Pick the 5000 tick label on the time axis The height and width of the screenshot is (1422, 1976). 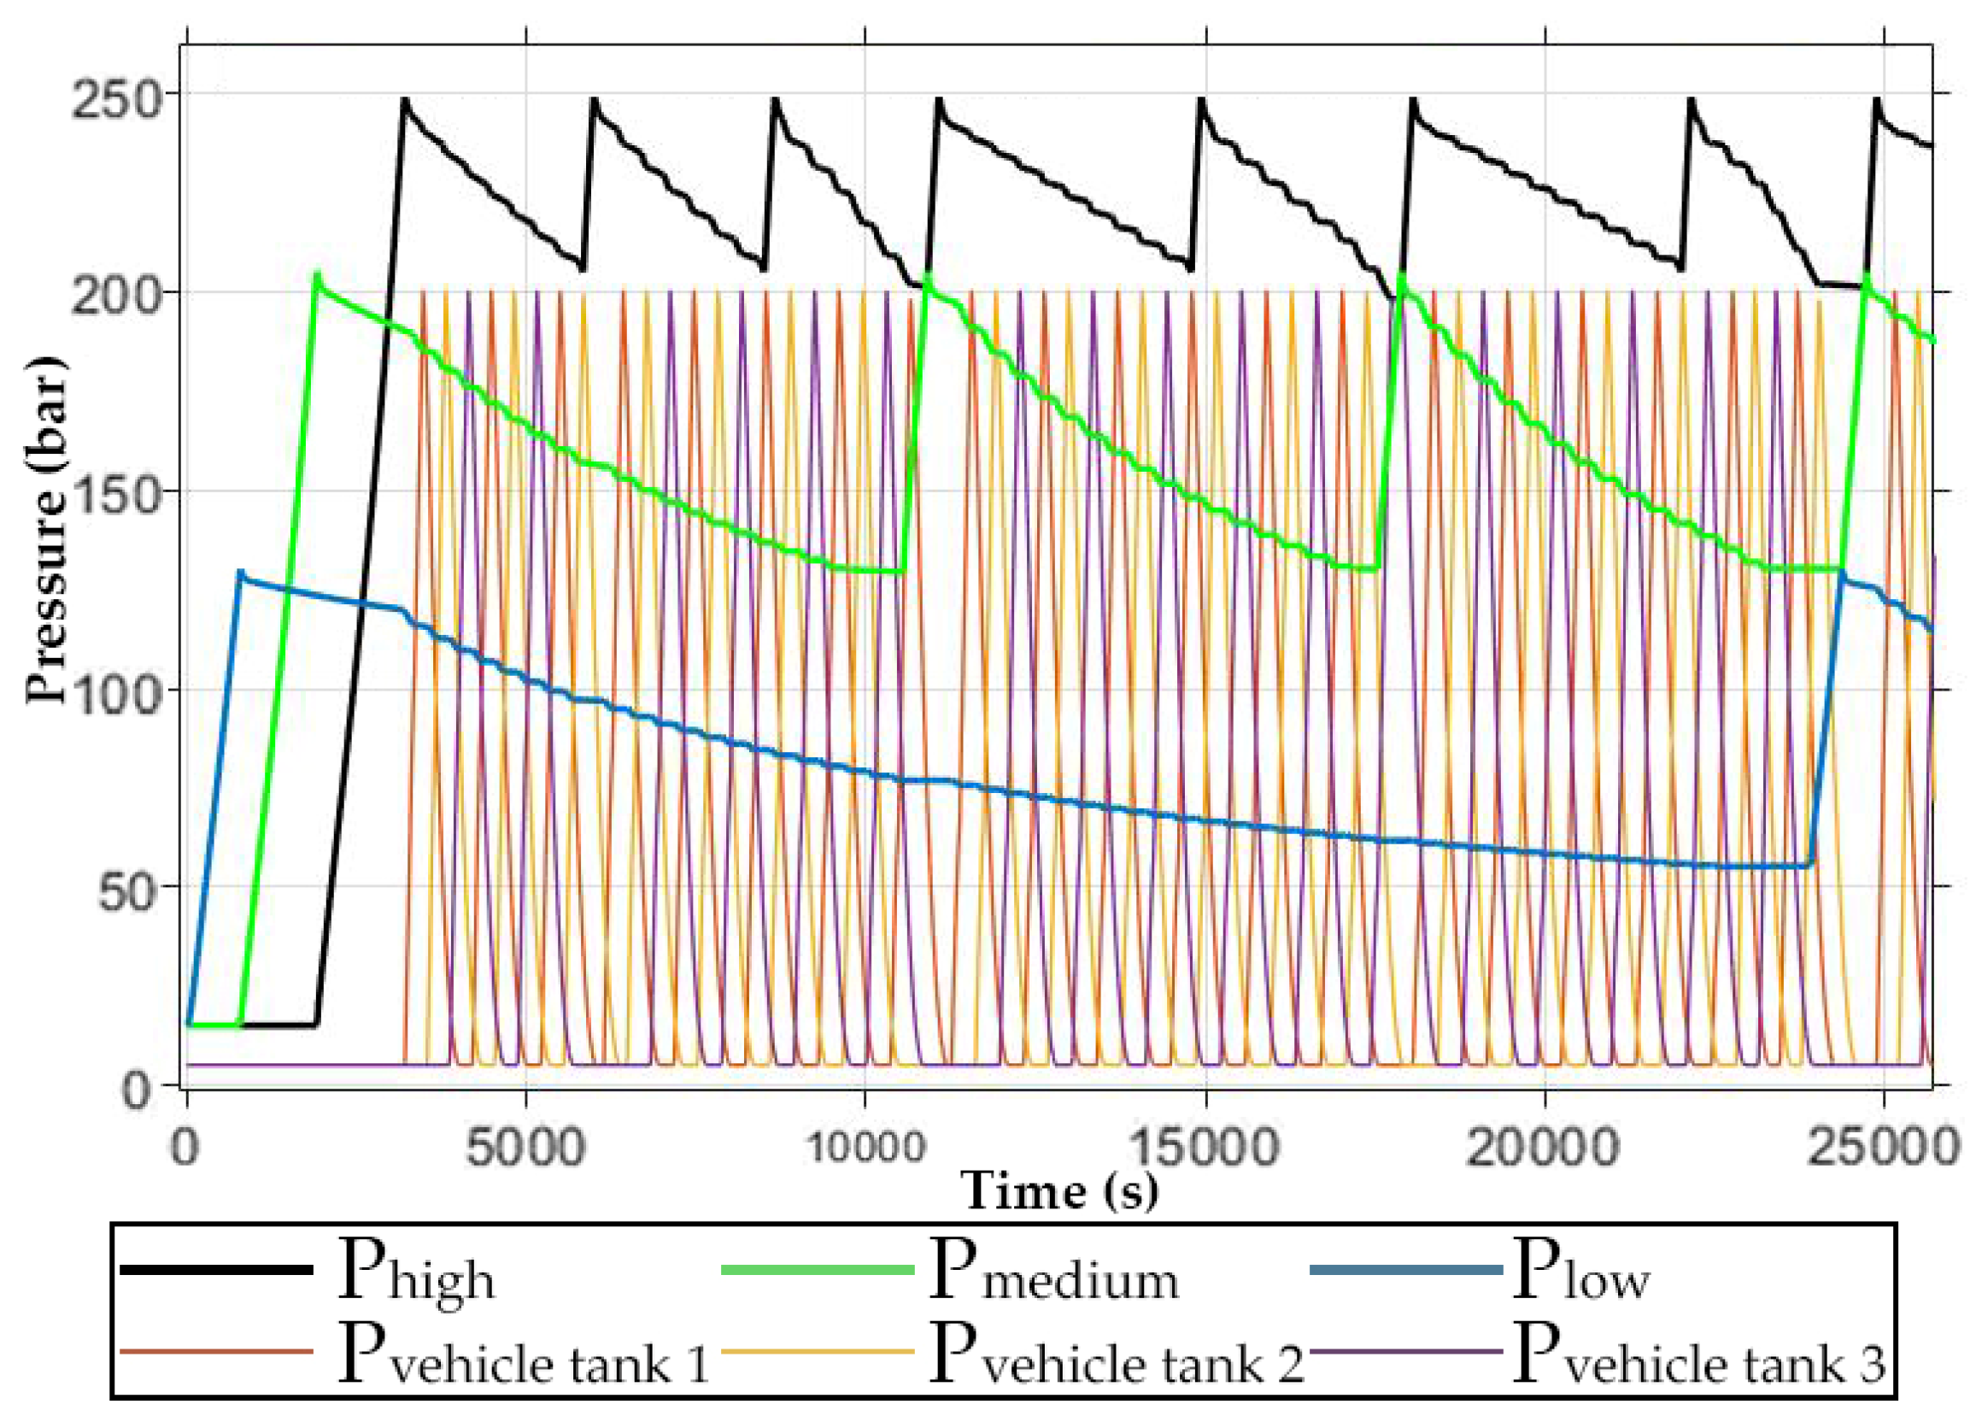[525, 1148]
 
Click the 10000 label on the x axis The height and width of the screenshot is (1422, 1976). [865, 1148]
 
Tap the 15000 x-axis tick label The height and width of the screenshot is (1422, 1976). [1205, 1148]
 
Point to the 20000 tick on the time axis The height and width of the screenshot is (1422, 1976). [1544, 1148]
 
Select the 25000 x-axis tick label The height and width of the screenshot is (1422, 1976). [1882, 1148]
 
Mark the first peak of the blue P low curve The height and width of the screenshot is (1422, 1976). [240, 572]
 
